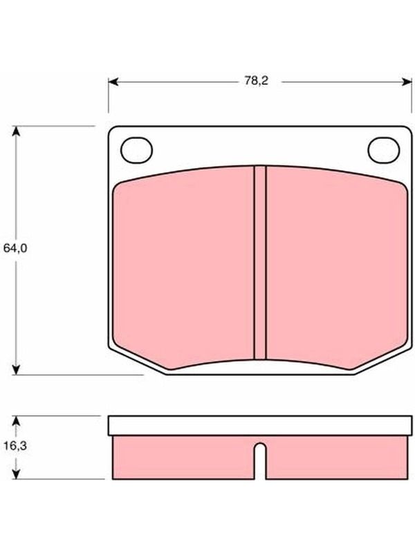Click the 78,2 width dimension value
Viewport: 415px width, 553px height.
pyautogui.click(x=257, y=81)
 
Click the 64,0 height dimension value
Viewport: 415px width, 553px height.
pyautogui.click(x=15, y=248)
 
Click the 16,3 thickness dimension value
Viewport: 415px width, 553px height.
pyautogui.click(x=15, y=446)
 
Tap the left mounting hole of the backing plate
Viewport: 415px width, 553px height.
pyautogui.click(x=136, y=150)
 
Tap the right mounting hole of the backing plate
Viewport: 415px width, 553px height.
pyautogui.click(x=384, y=150)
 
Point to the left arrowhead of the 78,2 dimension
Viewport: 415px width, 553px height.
pyautogui.click(x=113, y=82)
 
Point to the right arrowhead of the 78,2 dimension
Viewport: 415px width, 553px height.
pyautogui.click(x=407, y=82)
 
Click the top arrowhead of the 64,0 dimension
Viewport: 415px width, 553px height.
pyautogui.click(x=15, y=131)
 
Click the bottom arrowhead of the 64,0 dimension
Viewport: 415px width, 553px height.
pyautogui.click(x=15, y=370)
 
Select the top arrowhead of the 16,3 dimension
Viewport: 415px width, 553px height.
pyautogui.click(x=15, y=421)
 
